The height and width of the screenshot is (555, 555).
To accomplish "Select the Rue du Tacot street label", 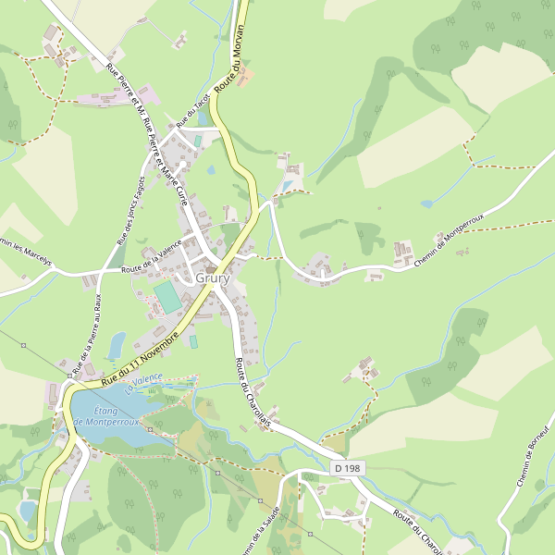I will tap(189, 111).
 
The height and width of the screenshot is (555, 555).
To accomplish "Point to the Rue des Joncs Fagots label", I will tap(131, 210).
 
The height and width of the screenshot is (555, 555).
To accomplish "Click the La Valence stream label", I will tap(145, 378).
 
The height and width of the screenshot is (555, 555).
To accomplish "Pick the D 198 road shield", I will tap(347, 469).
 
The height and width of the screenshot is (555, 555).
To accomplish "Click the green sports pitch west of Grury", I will tap(168, 297).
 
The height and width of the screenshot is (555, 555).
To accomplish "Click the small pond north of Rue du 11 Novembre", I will tap(117, 344).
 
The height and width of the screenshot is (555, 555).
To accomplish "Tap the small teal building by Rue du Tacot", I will tap(198, 141).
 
